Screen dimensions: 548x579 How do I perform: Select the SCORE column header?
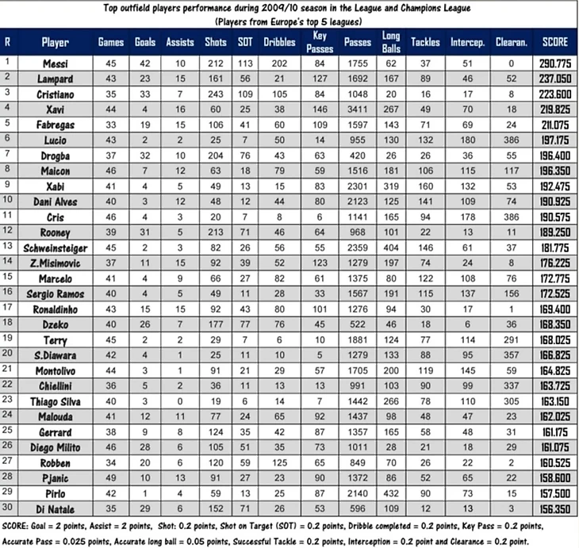pyautogui.click(x=554, y=42)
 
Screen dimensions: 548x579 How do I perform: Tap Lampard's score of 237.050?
pyautogui.click(x=554, y=79)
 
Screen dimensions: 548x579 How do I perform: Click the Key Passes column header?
pyautogui.click(x=320, y=42)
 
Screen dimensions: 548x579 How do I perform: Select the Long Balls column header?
pyautogui.click(x=391, y=42)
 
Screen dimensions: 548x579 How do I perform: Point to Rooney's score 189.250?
pyautogui.click(x=554, y=232)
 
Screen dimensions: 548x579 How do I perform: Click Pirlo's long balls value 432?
pyautogui.click(x=391, y=492)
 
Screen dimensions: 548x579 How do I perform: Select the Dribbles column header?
pyautogui.click(x=278, y=42)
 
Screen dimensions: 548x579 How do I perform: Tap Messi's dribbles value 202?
pyautogui.click(x=278, y=62)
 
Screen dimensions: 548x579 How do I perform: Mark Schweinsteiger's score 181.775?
pyautogui.click(x=554, y=247)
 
